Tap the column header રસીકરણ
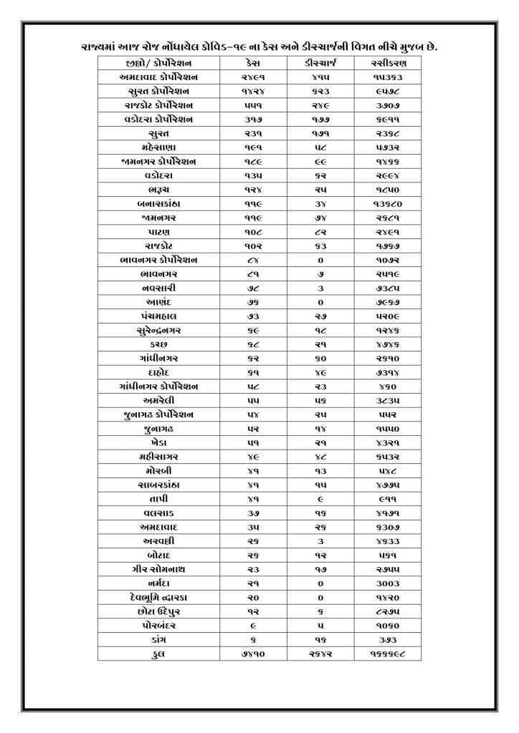(x=388, y=63)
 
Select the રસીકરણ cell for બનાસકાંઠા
(x=388, y=203)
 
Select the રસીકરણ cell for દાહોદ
(x=388, y=372)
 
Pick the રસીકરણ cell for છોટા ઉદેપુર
(x=388, y=611)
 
